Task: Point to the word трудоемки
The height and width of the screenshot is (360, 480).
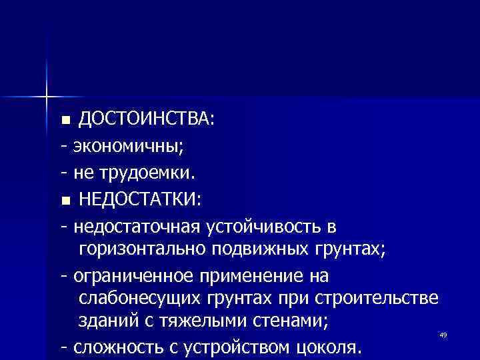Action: pos(145,173)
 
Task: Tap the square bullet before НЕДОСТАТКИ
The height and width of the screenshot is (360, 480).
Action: pos(65,201)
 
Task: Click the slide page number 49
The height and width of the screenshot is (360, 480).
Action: pos(443,334)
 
